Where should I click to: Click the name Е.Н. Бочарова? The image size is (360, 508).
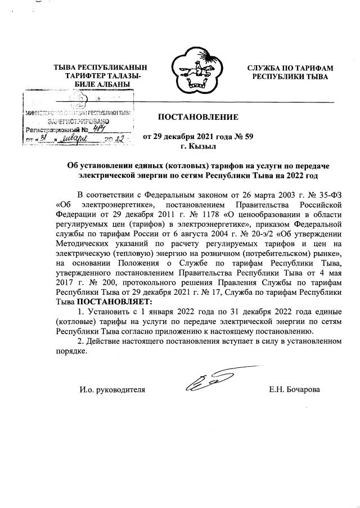295,389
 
